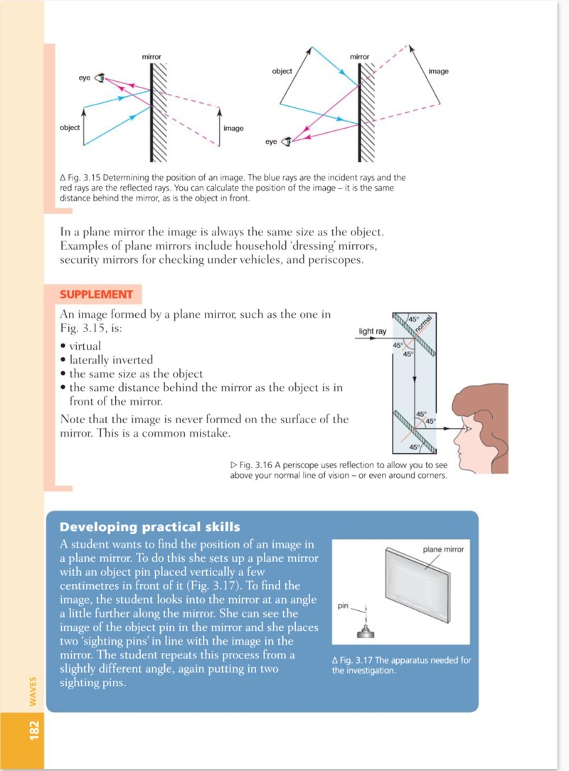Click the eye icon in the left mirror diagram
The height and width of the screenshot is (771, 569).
click(100, 78)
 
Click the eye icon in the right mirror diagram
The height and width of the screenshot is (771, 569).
click(286, 142)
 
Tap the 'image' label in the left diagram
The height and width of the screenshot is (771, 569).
click(233, 128)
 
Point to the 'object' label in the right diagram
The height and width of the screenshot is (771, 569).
click(282, 71)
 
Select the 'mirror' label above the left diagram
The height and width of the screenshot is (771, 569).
click(151, 57)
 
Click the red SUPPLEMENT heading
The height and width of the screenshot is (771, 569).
click(97, 294)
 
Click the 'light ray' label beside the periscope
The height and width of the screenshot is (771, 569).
click(372, 331)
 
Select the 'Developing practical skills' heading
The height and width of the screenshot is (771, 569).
click(149, 527)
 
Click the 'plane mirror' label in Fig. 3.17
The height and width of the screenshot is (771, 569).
click(443, 549)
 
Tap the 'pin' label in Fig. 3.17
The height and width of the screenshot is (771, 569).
click(343, 606)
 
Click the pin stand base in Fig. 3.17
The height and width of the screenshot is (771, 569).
click(366, 632)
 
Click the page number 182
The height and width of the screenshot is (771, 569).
click(34, 730)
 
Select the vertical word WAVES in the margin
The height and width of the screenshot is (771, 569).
click(33, 691)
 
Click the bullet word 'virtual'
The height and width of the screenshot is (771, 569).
click(85, 346)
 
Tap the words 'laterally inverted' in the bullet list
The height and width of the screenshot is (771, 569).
click(111, 360)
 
